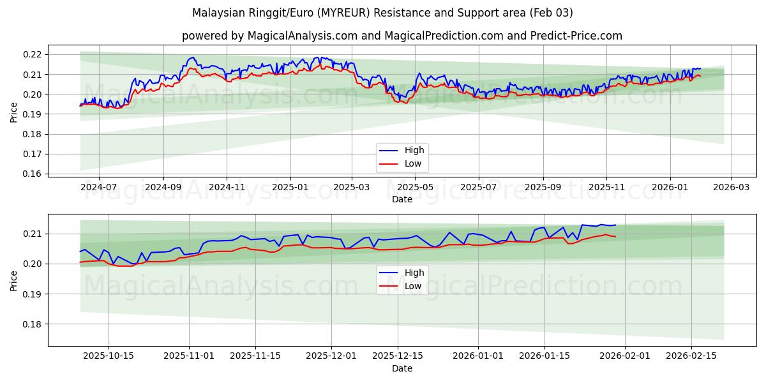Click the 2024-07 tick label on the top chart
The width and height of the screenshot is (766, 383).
tap(99, 188)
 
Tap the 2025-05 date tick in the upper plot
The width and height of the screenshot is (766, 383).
tap(416, 188)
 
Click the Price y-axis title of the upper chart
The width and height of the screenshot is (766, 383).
tap(14, 112)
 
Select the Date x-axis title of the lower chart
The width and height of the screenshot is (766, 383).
tap(402, 368)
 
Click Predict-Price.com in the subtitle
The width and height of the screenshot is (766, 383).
tap(576, 36)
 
